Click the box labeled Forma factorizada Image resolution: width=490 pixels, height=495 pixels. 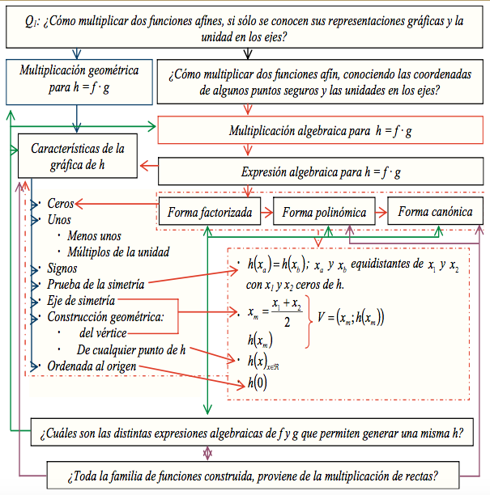coord(208,213)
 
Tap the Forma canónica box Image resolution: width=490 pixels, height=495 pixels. coord(436,213)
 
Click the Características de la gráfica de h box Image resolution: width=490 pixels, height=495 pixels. coord(78,157)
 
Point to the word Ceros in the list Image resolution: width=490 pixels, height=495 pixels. coord(61,204)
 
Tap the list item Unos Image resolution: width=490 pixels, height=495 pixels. coord(59,219)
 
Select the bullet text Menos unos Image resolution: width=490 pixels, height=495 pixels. coord(95,235)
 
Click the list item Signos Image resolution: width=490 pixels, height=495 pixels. coord(63,268)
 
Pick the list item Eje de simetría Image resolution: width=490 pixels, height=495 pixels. coord(83,301)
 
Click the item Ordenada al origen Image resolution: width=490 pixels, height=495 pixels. coord(92,366)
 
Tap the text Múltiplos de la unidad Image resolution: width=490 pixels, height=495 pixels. coord(118,252)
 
